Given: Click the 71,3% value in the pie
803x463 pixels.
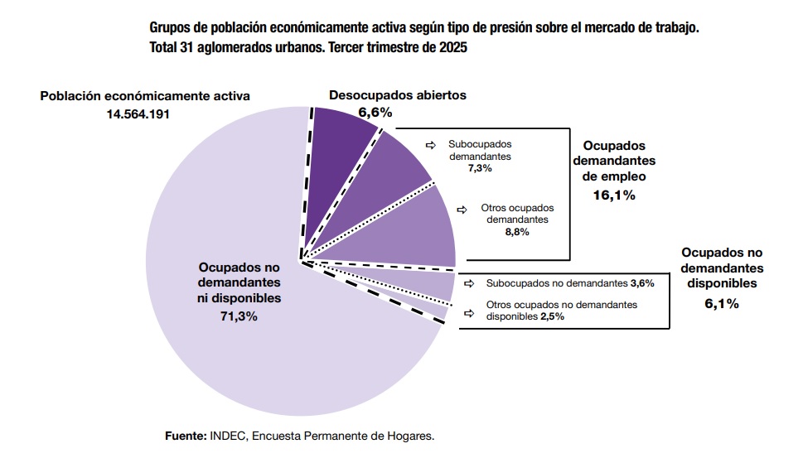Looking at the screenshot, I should pyautogui.click(x=239, y=316).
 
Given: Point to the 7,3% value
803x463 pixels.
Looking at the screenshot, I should pyautogui.click(x=479, y=167).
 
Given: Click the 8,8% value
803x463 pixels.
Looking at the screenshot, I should pyautogui.click(x=516, y=232).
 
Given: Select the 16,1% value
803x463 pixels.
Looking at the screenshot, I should pyautogui.click(x=614, y=195).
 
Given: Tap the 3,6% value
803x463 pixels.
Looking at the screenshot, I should pyautogui.click(x=642, y=283).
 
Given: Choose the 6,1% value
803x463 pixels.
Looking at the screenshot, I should pyautogui.click(x=721, y=303).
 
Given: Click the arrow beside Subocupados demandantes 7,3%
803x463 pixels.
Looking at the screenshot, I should pyautogui.click(x=430, y=144).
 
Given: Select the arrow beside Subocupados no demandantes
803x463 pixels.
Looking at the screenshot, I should pyautogui.click(x=469, y=283).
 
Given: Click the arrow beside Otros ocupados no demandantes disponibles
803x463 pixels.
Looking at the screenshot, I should pyautogui.click(x=469, y=313).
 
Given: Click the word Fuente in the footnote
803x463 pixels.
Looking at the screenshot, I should pyautogui.click(x=185, y=435).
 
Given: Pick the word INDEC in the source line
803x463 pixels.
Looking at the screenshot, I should pyautogui.click(x=227, y=435).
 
